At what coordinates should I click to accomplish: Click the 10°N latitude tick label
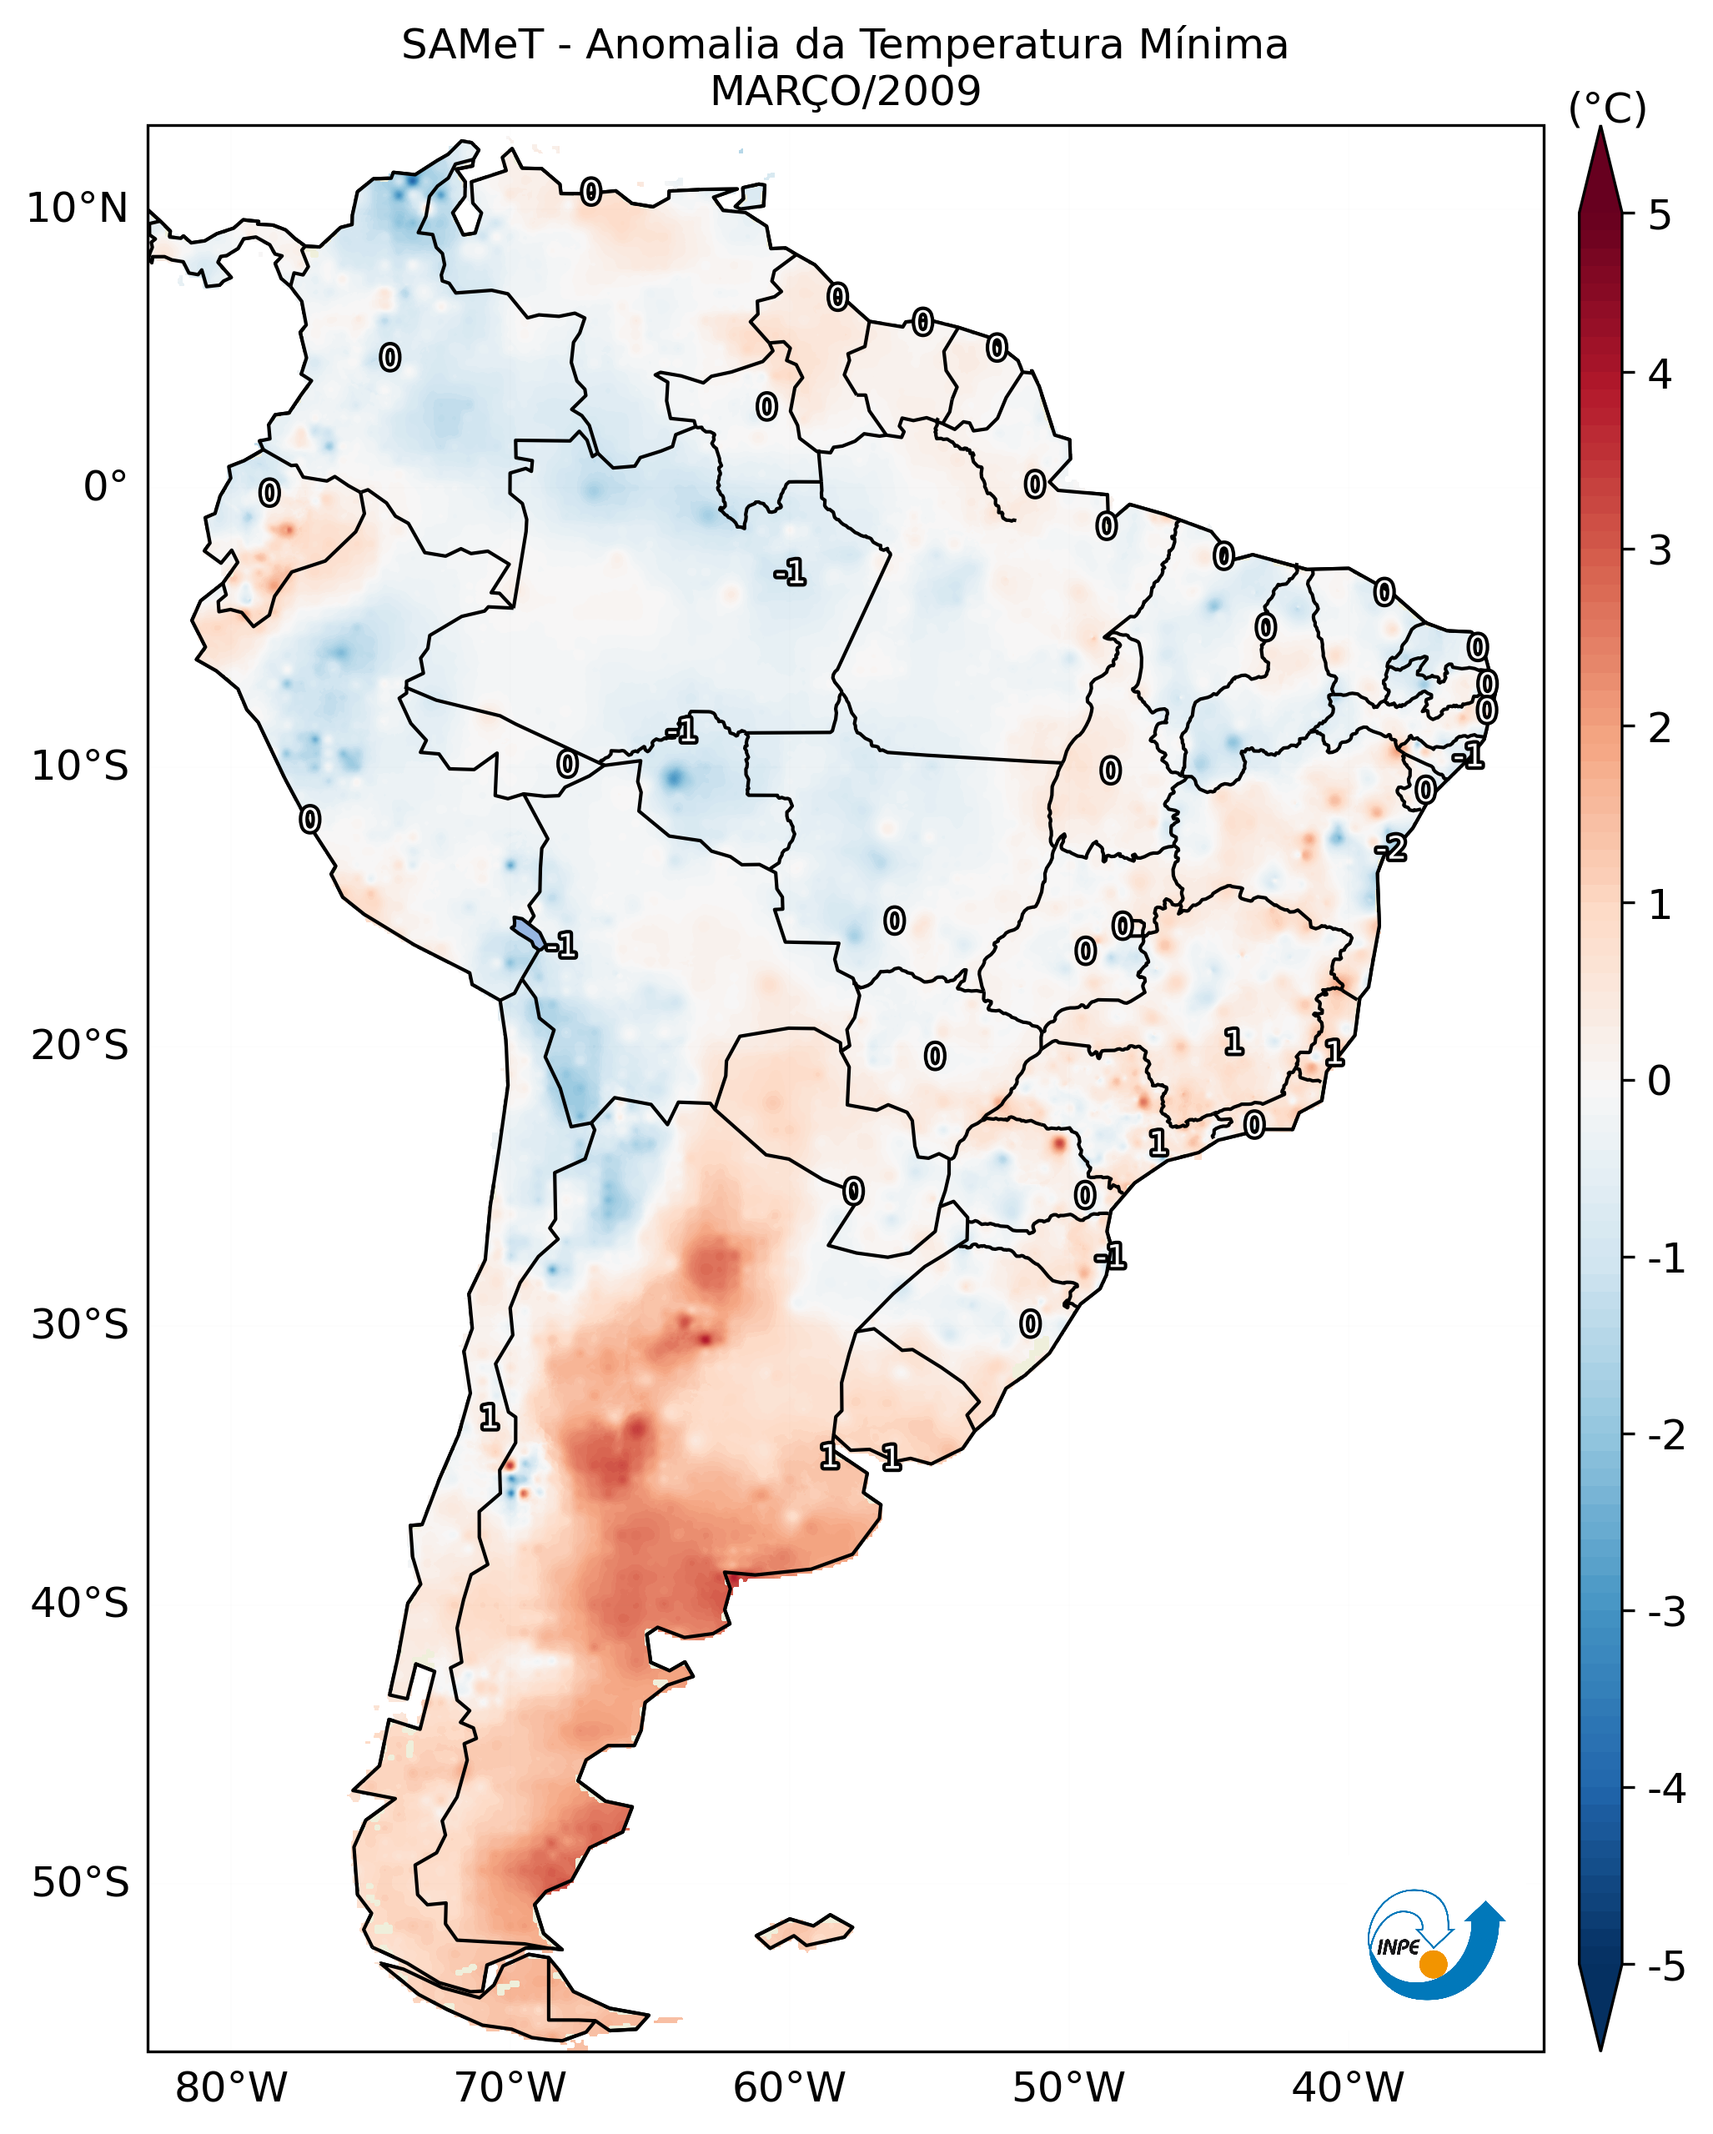point(78,208)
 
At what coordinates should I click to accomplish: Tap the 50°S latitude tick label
point(80,1883)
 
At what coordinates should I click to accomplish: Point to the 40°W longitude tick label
point(1347,2087)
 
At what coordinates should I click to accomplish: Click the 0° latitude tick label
point(105,487)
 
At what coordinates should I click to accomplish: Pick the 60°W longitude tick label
point(789,2087)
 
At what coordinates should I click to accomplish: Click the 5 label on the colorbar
point(1660,215)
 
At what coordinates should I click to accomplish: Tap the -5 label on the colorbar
point(1665,1966)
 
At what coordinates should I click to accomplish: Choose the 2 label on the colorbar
point(1660,729)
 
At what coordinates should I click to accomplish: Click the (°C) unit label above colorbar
point(1607,108)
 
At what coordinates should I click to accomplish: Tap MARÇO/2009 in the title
point(845,92)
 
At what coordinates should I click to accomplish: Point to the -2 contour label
point(1390,848)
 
